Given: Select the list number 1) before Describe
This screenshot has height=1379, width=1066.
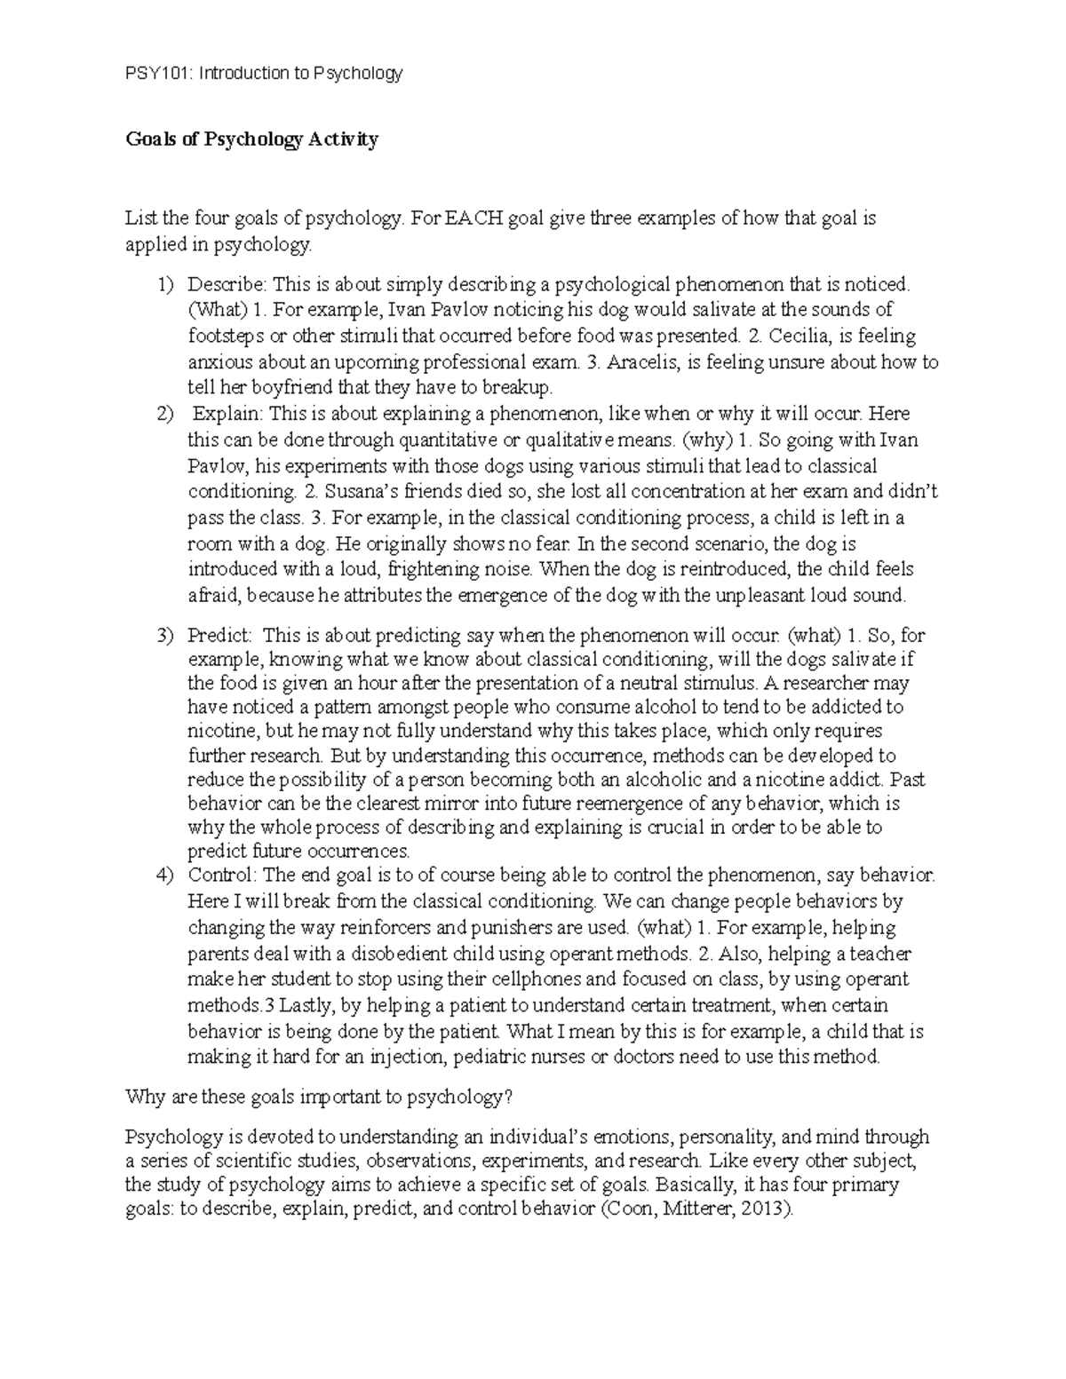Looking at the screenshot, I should (165, 284).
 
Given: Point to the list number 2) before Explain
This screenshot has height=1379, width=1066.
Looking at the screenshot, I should (165, 414).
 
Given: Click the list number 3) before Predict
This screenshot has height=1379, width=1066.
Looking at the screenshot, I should (165, 636).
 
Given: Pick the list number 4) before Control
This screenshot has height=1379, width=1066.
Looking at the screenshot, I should (165, 876).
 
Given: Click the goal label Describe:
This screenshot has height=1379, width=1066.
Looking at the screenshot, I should (227, 284).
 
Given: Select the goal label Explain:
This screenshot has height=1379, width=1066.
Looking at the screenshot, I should (228, 414).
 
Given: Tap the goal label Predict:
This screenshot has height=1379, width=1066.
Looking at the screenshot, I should (220, 636).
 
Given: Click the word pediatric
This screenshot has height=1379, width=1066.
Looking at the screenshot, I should (497, 1058).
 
